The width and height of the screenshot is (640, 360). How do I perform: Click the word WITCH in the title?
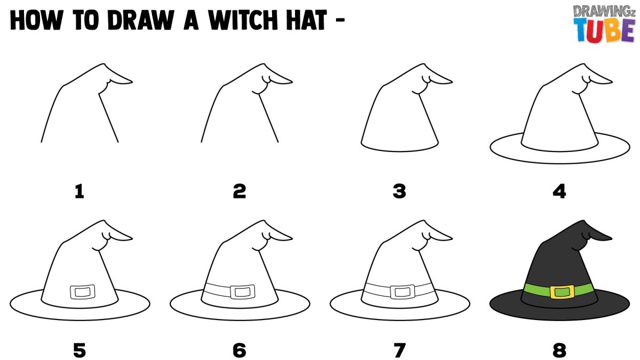pos(243,20)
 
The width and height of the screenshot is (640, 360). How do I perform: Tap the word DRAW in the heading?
pos(141,20)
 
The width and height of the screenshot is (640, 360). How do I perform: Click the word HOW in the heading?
pos(36,20)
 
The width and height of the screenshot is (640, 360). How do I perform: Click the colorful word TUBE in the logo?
pos(605,30)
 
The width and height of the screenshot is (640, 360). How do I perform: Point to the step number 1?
pos(79,191)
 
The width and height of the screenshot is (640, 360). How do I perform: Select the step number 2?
pos(239,191)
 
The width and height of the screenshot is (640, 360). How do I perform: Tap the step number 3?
pos(399,191)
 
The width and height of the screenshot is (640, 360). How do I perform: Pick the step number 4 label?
pos(559,191)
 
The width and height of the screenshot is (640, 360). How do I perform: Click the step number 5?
pos(79,350)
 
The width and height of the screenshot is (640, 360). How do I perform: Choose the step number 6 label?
pos(239,350)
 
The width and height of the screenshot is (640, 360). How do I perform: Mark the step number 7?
pos(399,350)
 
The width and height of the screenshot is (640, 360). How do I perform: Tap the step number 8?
pos(559,350)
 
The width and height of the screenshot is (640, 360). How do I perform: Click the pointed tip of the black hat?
pos(612,238)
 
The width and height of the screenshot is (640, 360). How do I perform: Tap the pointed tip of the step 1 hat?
pos(132,82)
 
